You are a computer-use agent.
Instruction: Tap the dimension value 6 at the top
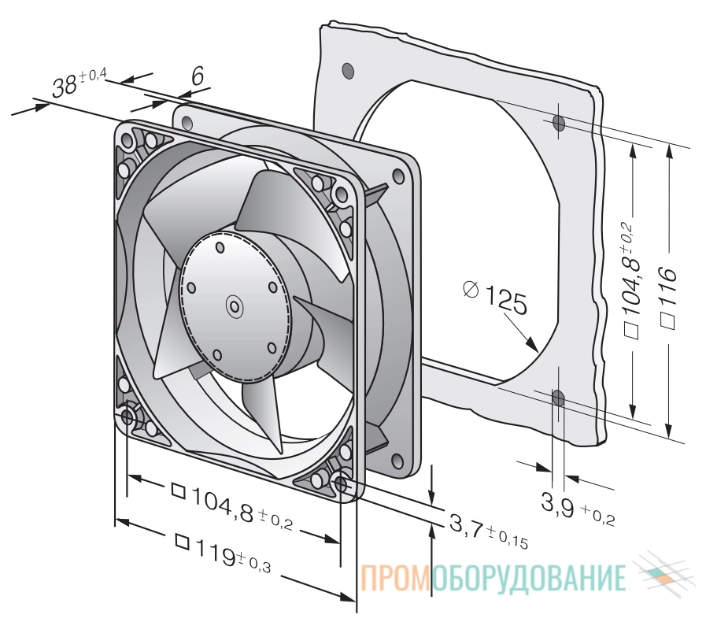coord(198,76)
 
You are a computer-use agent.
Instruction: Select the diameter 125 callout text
coord(495,297)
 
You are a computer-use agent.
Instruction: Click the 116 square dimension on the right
coord(667,298)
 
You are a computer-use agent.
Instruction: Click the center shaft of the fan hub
coord(234,307)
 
